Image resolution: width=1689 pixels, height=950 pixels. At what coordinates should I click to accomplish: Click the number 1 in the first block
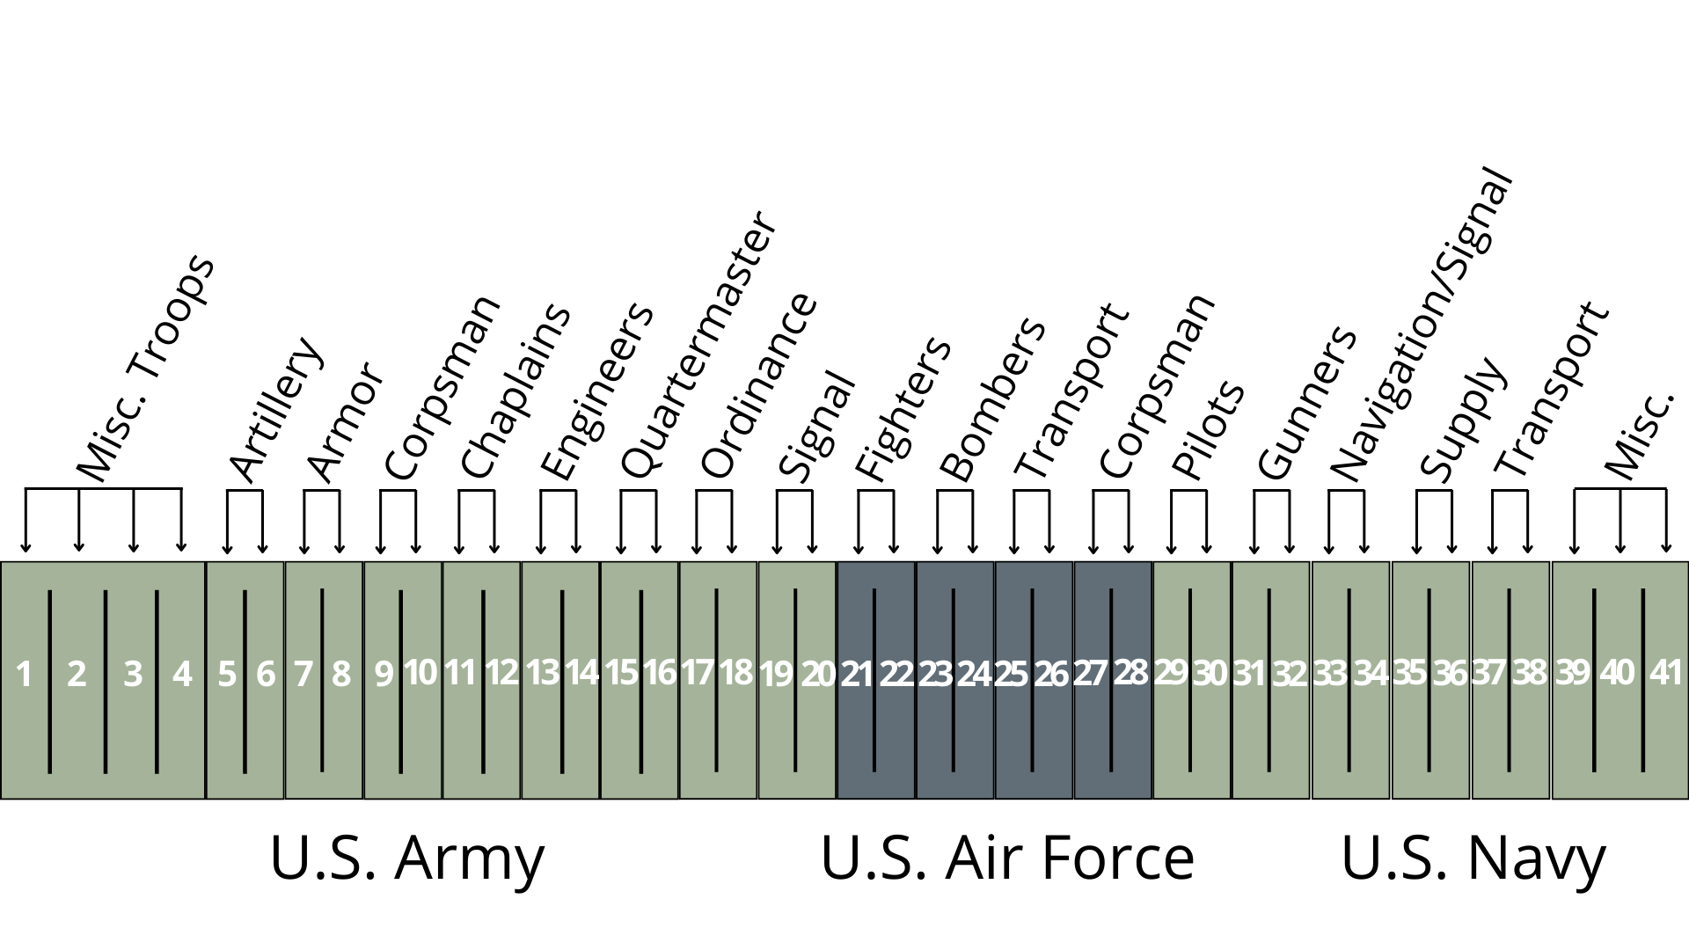coord(24,676)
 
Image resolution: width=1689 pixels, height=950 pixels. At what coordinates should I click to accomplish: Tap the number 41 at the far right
coord(1665,673)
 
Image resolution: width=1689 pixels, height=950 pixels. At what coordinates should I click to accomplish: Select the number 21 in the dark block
coord(856,675)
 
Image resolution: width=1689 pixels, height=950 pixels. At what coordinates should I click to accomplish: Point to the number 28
coord(1130,673)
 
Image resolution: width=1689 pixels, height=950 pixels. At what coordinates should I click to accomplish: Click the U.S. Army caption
coord(406,859)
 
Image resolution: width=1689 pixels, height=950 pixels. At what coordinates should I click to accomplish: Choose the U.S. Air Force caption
coord(1007,859)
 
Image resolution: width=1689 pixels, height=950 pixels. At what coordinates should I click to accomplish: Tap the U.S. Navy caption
coord(1473,859)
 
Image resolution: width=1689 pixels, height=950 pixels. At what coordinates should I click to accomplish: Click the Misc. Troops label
coord(145,369)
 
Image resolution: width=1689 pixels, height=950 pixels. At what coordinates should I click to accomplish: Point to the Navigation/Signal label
coord(1421,325)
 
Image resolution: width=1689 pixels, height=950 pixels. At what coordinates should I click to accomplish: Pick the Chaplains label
coord(515,391)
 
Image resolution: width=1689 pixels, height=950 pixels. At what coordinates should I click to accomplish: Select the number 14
coord(581,673)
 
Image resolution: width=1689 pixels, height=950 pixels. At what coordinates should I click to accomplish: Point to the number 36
coord(1450,675)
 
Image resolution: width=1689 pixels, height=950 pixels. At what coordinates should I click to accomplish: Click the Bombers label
coord(992,400)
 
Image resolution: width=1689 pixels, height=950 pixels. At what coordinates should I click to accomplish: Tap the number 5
coord(227,676)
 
